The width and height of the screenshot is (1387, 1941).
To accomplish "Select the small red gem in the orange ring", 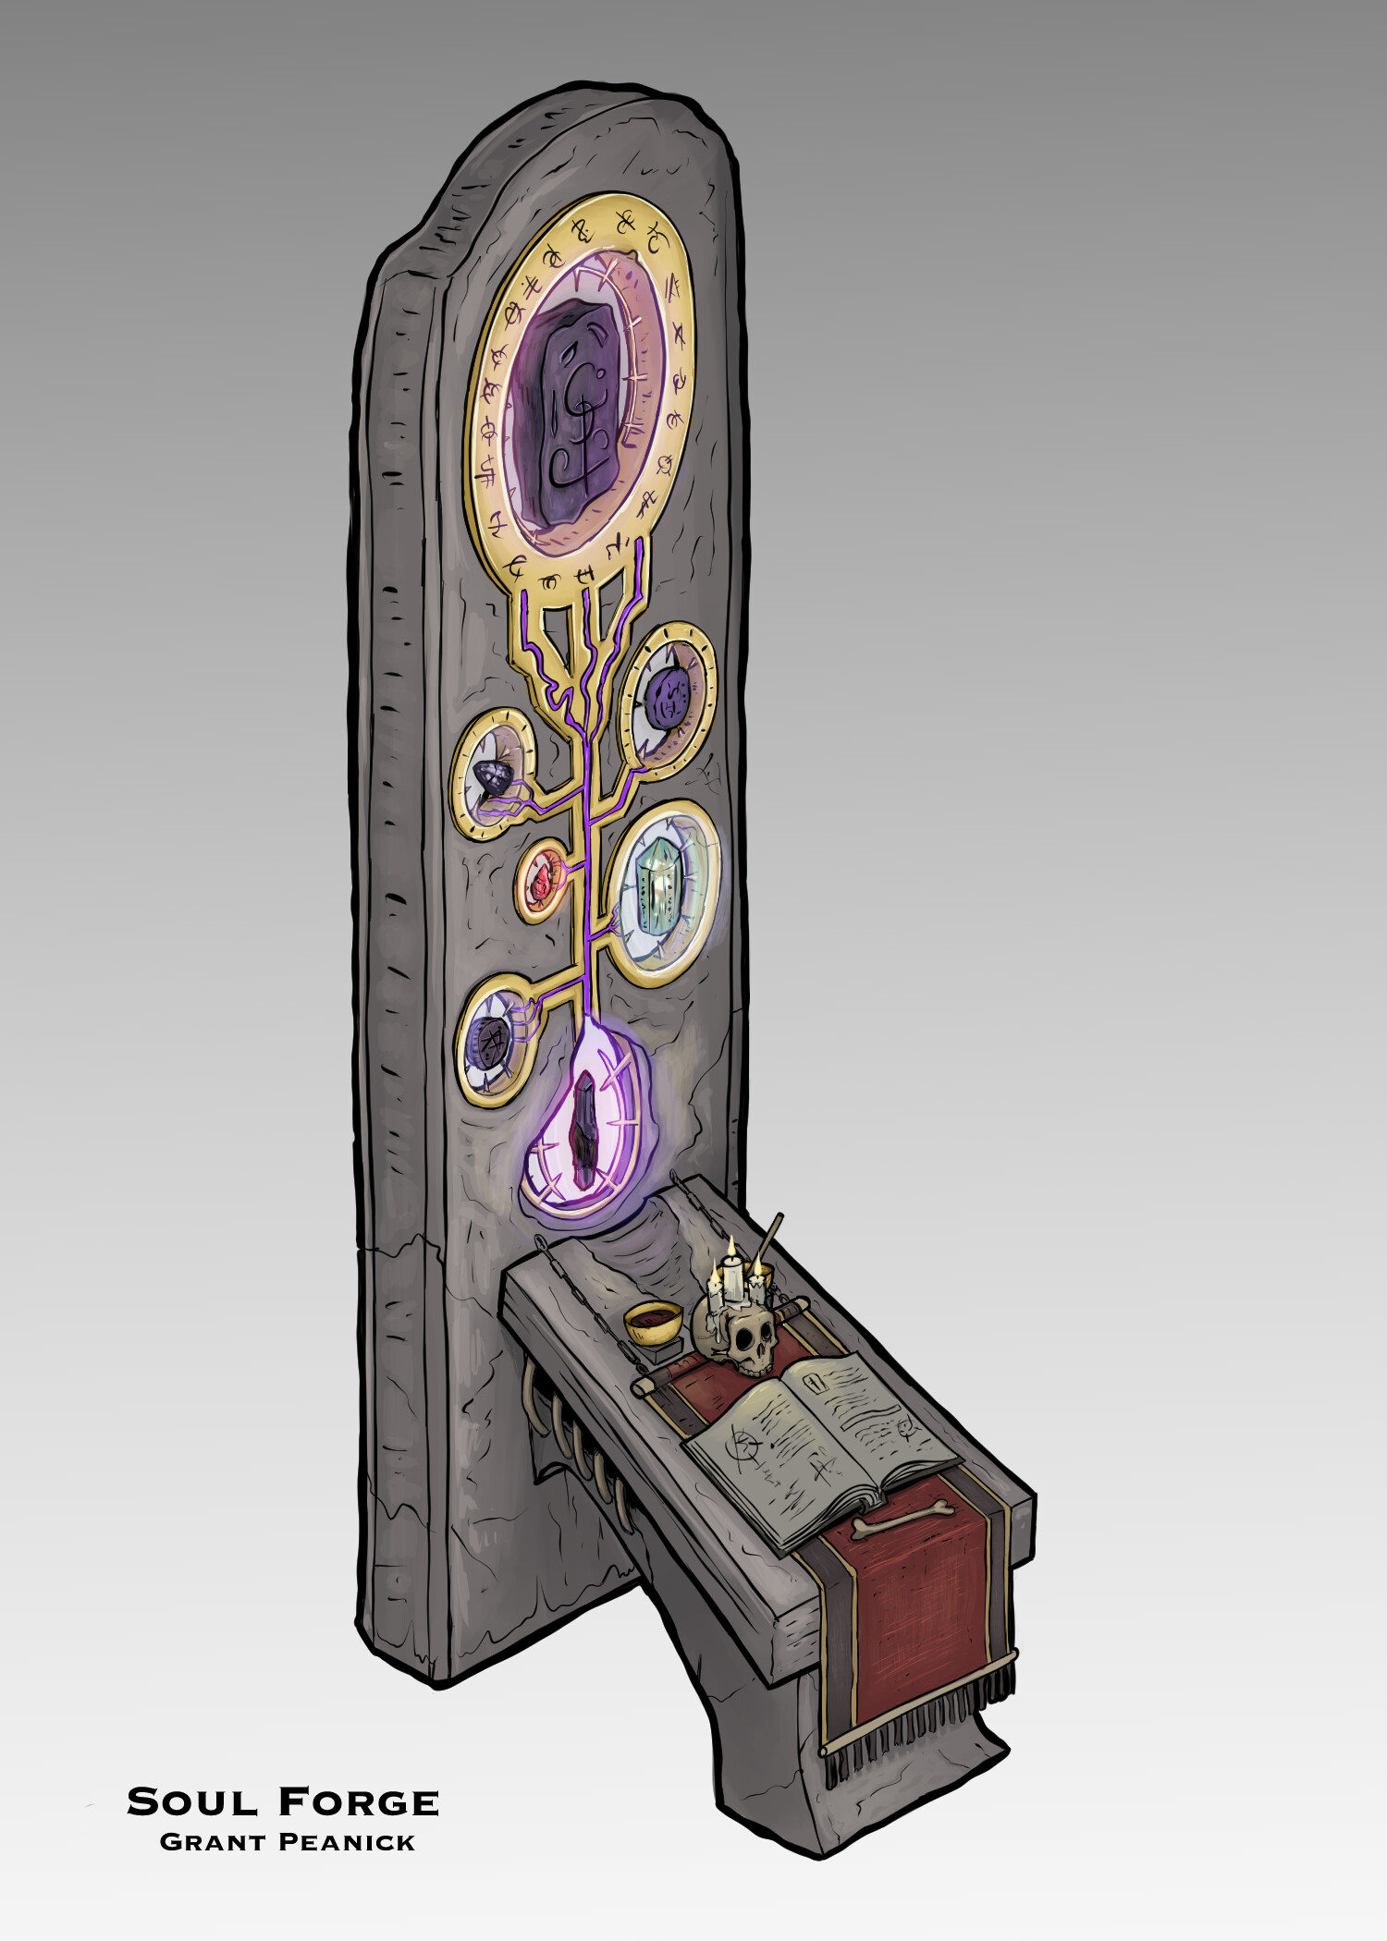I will [x=539, y=885].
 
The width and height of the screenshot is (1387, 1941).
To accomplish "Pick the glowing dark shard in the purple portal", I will [x=583, y=1129].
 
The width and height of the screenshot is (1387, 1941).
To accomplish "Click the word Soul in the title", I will [x=192, y=1801].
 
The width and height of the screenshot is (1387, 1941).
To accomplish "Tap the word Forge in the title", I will [x=358, y=1801].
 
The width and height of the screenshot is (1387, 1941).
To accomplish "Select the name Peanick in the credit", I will [x=347, y=1842].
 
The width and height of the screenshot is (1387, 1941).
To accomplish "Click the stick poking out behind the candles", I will [x=772, y=1235].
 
